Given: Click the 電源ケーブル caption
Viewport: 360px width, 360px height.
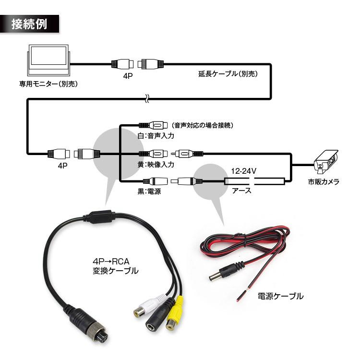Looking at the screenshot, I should (x=280, y=296).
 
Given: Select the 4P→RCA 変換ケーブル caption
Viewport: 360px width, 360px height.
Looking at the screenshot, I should (x=115, y=266).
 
